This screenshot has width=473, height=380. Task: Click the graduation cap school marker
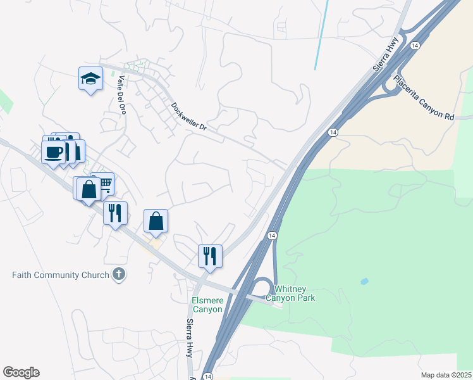tap(91, 79)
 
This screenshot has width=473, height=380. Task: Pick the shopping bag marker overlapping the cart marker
tap(89, 189)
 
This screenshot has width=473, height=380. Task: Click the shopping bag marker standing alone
tap(156, 222)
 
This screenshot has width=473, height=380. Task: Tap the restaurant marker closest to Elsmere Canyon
tap(210, 256)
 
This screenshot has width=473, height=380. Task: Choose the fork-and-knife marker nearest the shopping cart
tap(115, 213)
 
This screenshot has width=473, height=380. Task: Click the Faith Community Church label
tap(61, 275)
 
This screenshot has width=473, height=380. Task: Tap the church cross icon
tap(118, 274)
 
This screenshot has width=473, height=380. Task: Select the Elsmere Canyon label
tap(207, 305)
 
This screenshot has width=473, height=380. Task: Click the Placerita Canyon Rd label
tap(424, 98)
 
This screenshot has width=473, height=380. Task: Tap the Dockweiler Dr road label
tap(189, 118)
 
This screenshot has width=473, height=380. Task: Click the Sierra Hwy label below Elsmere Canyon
tap(190, 338)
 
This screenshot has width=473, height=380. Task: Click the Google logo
tap(21, 372)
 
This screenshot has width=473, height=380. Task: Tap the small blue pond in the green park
tap(364, 281)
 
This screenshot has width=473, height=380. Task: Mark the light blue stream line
tap(321, 35)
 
